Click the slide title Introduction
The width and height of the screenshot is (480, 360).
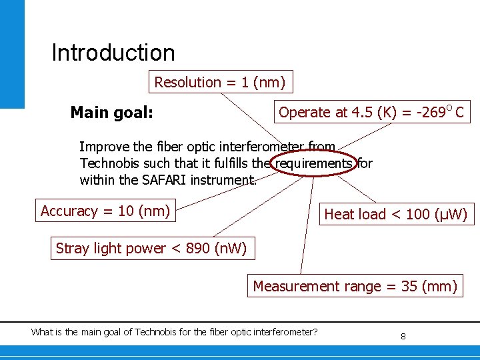click(x=113, y=53)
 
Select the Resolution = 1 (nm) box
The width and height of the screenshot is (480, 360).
click(x=220, y=83)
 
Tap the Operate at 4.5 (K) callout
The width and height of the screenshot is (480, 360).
click(x=371, y=112)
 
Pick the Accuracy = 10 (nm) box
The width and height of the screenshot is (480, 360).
click(x=105, y=211)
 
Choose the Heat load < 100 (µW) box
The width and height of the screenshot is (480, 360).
click(x=396, y=214)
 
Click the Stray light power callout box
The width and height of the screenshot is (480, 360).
click(x=151, y=249)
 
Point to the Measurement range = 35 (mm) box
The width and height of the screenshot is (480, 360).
click(x=355, y=287)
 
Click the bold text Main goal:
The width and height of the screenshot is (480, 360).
click(x=112, y=113)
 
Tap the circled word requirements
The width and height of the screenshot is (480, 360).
click(x=314, y=163)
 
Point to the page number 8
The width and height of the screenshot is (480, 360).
click(x=403, y=337)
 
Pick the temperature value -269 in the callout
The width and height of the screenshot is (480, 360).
click(x=431, y=112)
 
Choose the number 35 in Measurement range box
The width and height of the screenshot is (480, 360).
click(x=409, y=287)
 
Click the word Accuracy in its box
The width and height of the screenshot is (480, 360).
click(x=69, y=211)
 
